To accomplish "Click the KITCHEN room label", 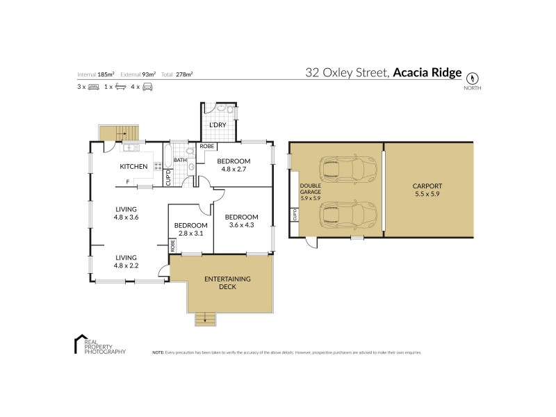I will tap(133, 166).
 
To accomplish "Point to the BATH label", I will tap(179, 161).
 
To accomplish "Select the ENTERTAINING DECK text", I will tap(227, 282).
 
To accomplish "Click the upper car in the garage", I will tap(344, 169).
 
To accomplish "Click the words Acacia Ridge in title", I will tap(427, 72).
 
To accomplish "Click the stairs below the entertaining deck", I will tap(204, 320).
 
